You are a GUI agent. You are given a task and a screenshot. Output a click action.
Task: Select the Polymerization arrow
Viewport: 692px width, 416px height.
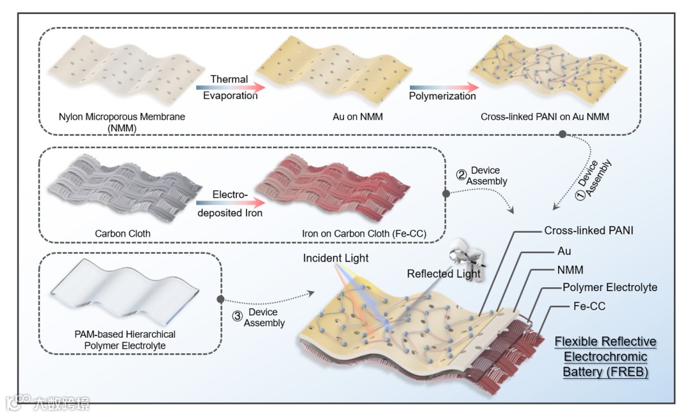443,87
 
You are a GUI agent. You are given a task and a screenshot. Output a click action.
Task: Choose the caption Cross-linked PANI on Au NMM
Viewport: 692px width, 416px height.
545,118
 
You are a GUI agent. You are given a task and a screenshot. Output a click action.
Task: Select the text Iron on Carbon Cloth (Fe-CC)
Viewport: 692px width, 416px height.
365,233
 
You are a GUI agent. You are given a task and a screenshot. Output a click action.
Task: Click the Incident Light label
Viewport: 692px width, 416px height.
337,258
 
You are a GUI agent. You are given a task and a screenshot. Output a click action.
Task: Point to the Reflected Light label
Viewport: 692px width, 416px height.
443,274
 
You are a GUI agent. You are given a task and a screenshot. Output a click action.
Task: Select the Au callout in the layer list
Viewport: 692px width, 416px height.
564,251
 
